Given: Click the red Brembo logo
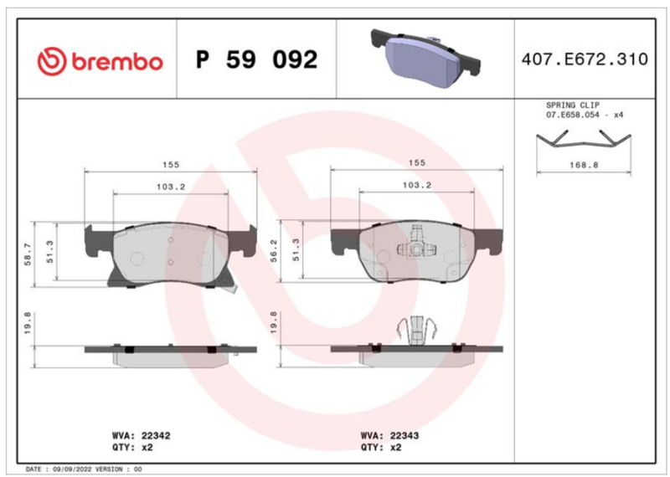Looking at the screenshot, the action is (x=100, y=60).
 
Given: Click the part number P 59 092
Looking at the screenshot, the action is (x=256, y=59).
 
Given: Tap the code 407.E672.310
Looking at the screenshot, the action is (x=585, y=59).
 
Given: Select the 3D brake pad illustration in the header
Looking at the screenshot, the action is (x=425, y=58).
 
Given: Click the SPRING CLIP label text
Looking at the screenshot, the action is (x=573, y=105).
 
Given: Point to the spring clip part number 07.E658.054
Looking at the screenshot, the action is (x=572, y=115).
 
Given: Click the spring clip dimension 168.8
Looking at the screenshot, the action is (x=584, y=164).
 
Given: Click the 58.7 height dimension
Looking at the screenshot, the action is (x=28, y=254).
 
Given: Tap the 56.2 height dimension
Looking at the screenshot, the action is (x=274, y=251).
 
